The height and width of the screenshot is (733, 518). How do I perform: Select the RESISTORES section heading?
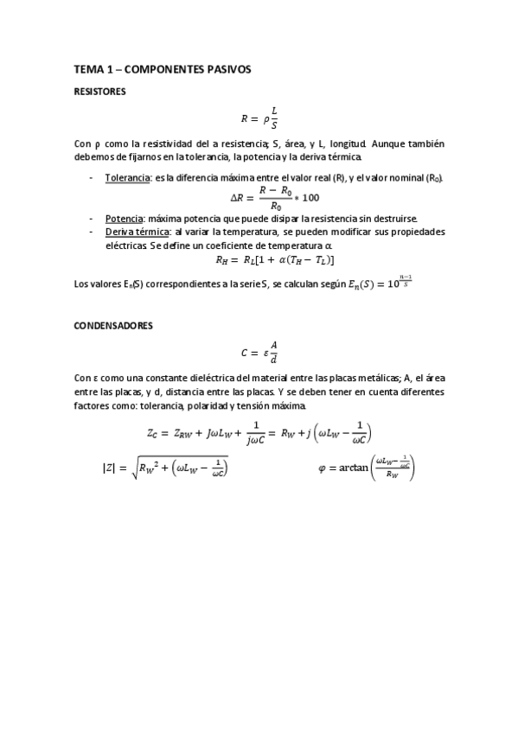coord(99,91)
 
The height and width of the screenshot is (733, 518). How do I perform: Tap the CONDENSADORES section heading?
coord(113,326)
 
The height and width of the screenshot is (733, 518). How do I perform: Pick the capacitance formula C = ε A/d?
coord(259,352)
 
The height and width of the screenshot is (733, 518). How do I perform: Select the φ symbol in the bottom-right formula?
coord(323,469)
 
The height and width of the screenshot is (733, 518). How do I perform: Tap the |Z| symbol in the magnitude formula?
coord(109,469)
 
